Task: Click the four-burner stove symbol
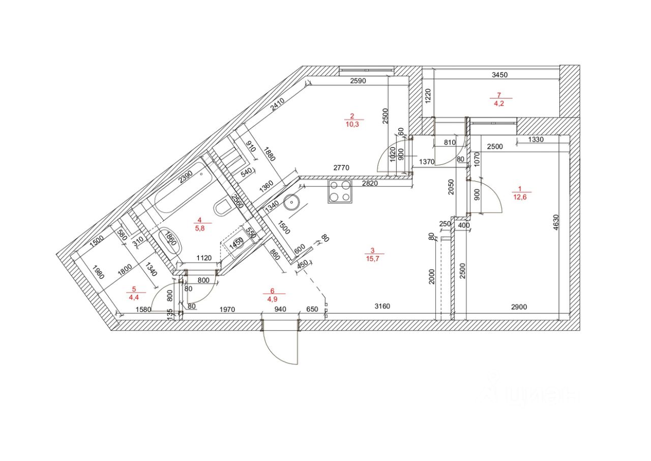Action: (340, 191)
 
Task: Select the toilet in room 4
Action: (222, 208)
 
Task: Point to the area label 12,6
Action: (520, 197)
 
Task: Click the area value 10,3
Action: (351, 124)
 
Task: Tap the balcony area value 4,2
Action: (499, 103)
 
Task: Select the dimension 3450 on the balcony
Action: (499, 75)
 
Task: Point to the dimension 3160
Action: (382, 306)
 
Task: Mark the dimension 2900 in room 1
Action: (519, 306)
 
